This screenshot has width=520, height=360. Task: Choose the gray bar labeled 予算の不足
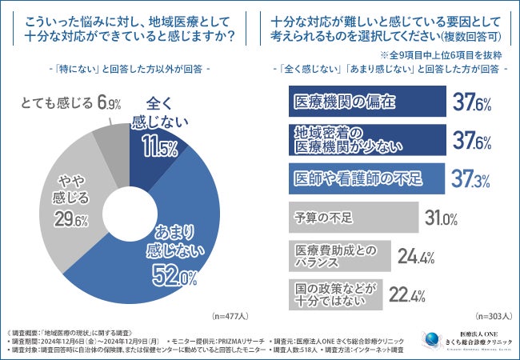click(353, 216)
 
